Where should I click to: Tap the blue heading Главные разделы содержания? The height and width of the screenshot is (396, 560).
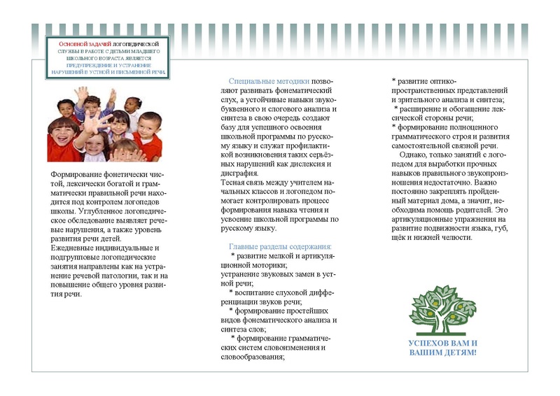coord(280,246)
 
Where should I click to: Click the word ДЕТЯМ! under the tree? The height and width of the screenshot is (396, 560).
coord(458,353)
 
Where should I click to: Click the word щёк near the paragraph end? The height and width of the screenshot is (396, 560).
coord(400,236)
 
